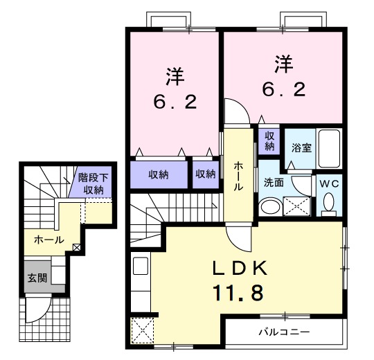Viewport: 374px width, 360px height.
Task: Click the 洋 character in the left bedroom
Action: coord(175,74)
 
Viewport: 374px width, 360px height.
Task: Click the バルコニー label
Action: coord(285,332)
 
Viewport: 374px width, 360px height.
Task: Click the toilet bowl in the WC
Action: coord(328,202)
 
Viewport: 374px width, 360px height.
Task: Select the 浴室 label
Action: coord(301,147)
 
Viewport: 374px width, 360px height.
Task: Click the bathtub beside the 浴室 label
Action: coord(329,148)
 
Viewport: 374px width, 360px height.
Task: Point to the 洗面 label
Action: coord(273,183)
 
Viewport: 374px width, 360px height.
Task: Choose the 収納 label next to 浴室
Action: coord(269,141)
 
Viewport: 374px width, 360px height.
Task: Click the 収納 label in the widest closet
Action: coord(159,174)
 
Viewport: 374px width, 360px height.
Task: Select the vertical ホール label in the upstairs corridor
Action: coord(238,176)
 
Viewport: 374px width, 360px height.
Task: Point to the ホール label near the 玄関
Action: coord(48,240)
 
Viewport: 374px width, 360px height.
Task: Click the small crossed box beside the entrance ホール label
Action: coord(76,246)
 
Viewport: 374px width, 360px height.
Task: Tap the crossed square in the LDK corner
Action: coord(143,330)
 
